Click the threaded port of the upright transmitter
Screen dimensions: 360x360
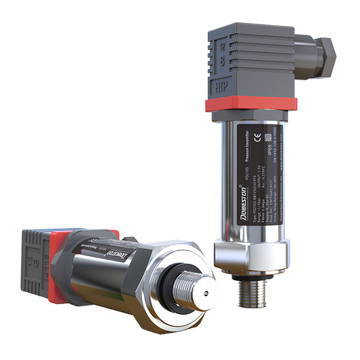[x=252, y=292]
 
